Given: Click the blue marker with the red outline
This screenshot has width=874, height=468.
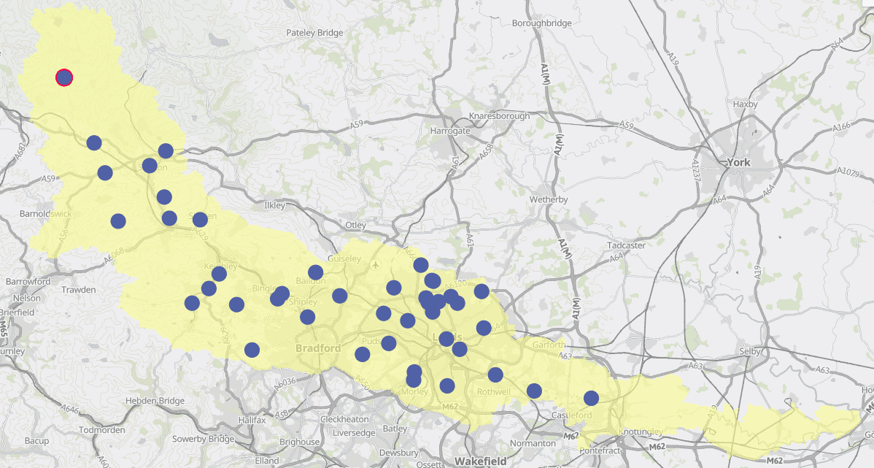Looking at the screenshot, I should (x=64, y=77).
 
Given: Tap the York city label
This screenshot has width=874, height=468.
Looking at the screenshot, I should (x=738, y=162).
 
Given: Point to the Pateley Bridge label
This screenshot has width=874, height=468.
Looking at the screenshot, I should (x=314, y=33).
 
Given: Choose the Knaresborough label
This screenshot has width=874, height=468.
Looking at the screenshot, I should (x=500, y=116).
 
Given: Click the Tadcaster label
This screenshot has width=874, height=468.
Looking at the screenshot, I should (x=626, y=245).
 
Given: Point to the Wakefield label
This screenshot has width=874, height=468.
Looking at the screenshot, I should (x=479, y=461).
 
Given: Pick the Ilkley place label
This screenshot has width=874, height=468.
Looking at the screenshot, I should (x=275, y=206).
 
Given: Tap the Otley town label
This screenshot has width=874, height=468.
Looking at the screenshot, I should (x=356, y=225).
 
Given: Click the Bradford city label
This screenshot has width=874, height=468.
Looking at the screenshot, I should (x=318, y=348).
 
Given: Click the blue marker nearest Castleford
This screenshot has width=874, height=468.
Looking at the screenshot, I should (x=591, y=398).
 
